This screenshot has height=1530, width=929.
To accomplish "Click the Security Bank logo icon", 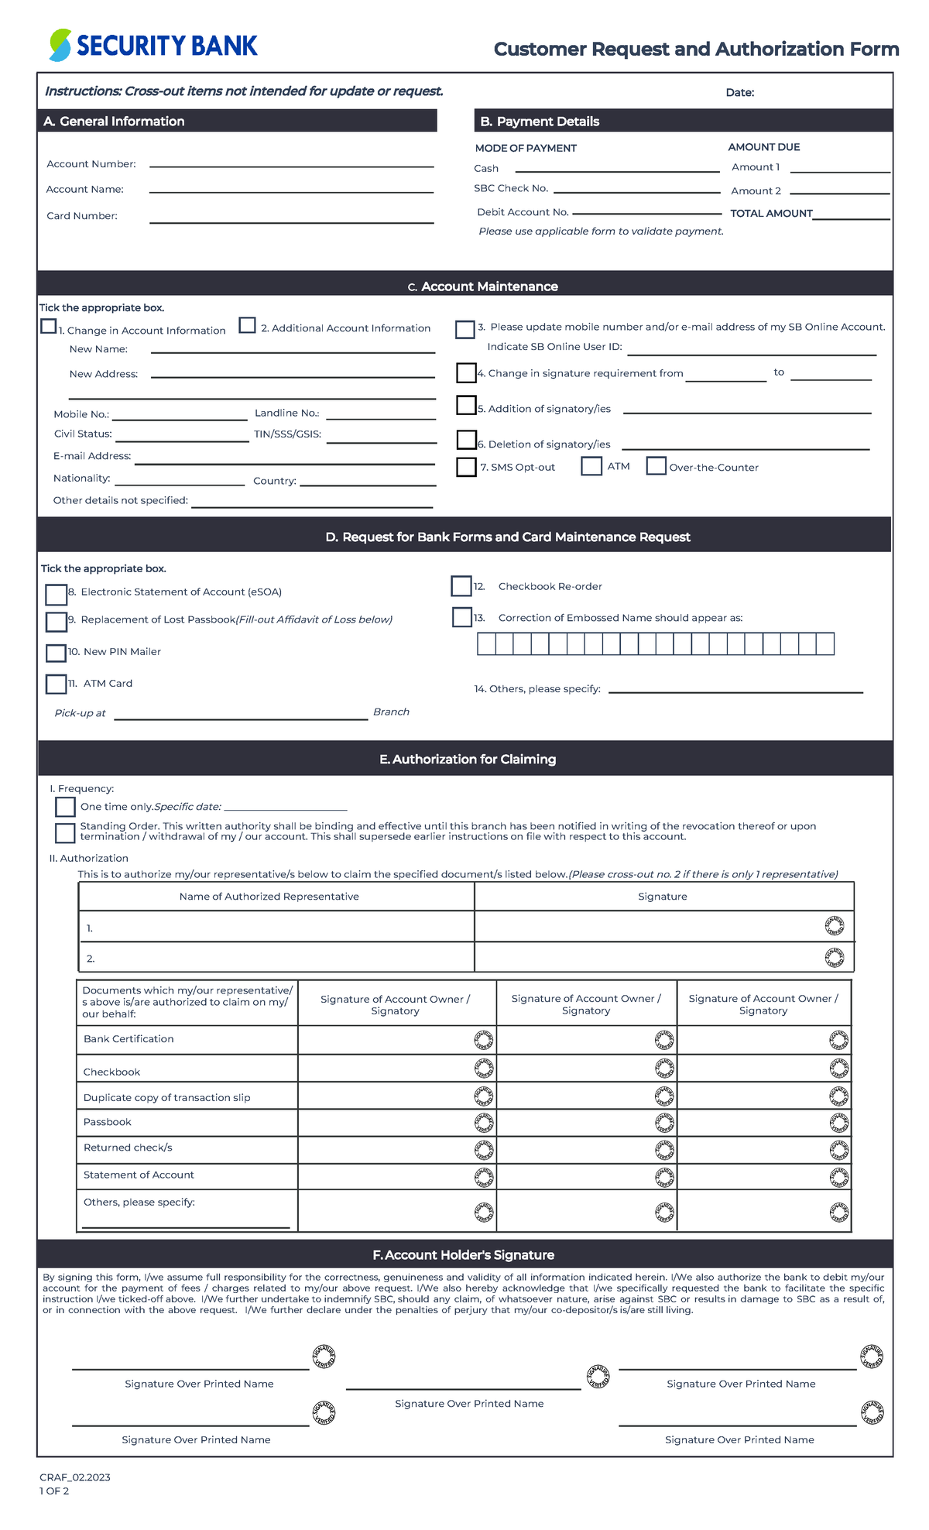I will pos(60,45).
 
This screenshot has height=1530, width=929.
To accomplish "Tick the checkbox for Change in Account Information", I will pos(49,326).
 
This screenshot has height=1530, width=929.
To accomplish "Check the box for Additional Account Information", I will pos(247,325).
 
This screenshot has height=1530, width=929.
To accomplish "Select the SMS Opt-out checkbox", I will pos(466,467).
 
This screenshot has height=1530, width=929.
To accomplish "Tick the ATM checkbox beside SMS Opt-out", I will pos(591,466).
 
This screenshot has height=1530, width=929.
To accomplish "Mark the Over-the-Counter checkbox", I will pos(656,466).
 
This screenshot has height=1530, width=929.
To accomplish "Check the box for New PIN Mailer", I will pos(56,653).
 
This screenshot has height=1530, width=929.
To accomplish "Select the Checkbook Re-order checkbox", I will pos(461,586).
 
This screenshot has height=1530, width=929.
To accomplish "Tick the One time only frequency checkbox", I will pos(66,807).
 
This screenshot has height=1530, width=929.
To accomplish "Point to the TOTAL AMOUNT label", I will pos(771,213).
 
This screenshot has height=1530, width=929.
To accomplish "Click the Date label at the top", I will pos(739,92).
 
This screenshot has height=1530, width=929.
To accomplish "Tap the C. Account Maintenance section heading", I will pos(483,286).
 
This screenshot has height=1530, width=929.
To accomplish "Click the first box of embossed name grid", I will pos(486,643).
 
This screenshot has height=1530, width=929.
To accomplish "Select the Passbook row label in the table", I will pos(108,1122).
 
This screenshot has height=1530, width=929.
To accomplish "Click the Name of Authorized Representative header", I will pos(269,897).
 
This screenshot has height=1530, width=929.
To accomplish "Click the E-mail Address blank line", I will pos(285,461).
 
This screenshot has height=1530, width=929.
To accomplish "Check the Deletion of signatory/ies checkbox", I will pos(466,440).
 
